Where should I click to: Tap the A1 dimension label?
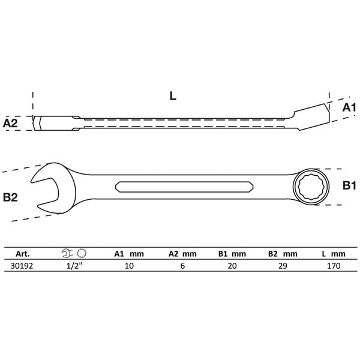pyautogui.click(x=349, y=107)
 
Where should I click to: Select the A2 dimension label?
pyautogui.click(x=10, y=123)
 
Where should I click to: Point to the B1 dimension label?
pyautogui.click(x=349, y=187)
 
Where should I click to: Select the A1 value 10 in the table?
pyautogui.click(x=128, y=267)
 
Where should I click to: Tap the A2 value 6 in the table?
pyautogui.click(x=179, y=267)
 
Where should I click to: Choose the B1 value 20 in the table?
pyautogui.click(x=230, y=267)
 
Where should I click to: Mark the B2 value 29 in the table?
pyautogui.click(x=281, y=267)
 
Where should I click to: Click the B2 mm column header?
pyautogui.click(x=281, y=254)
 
